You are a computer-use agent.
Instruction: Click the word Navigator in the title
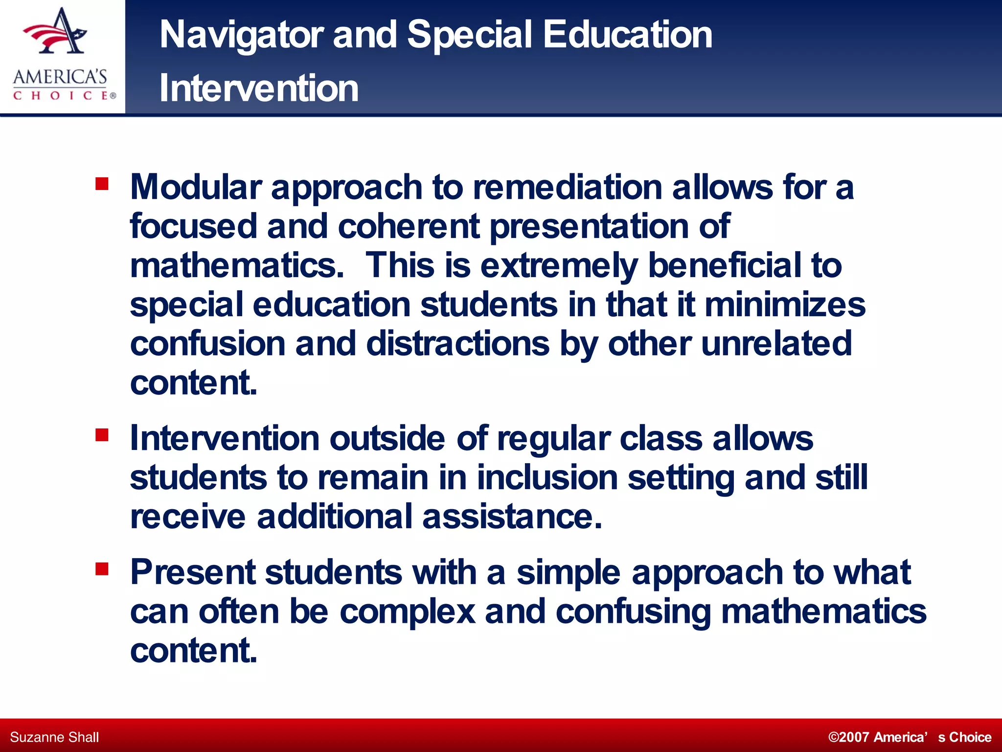(x=241, y=35)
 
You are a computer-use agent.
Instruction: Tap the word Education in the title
(x=627, y=35)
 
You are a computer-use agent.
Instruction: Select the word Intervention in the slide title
(x=259, y=89)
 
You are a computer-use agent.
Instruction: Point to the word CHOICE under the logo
(x=61, y=95)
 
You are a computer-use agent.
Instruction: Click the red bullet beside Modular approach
(x=102, y=184)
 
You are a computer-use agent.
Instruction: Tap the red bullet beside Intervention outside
(x=102, y=435)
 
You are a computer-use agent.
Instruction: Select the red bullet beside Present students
(x=102, y=569)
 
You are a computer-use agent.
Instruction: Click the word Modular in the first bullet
(x=196, y=188)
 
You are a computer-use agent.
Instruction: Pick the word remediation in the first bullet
(x=567, y=188)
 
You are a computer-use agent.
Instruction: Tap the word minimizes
(x=785, y=305)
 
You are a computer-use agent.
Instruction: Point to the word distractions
(x=457, y=344)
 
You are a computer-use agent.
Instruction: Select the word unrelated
(x=776, y=344)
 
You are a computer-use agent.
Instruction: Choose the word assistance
(x=512, y=517)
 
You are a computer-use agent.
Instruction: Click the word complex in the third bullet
(x=407, y=612)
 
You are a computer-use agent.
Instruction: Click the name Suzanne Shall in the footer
(x=54, y=737)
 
